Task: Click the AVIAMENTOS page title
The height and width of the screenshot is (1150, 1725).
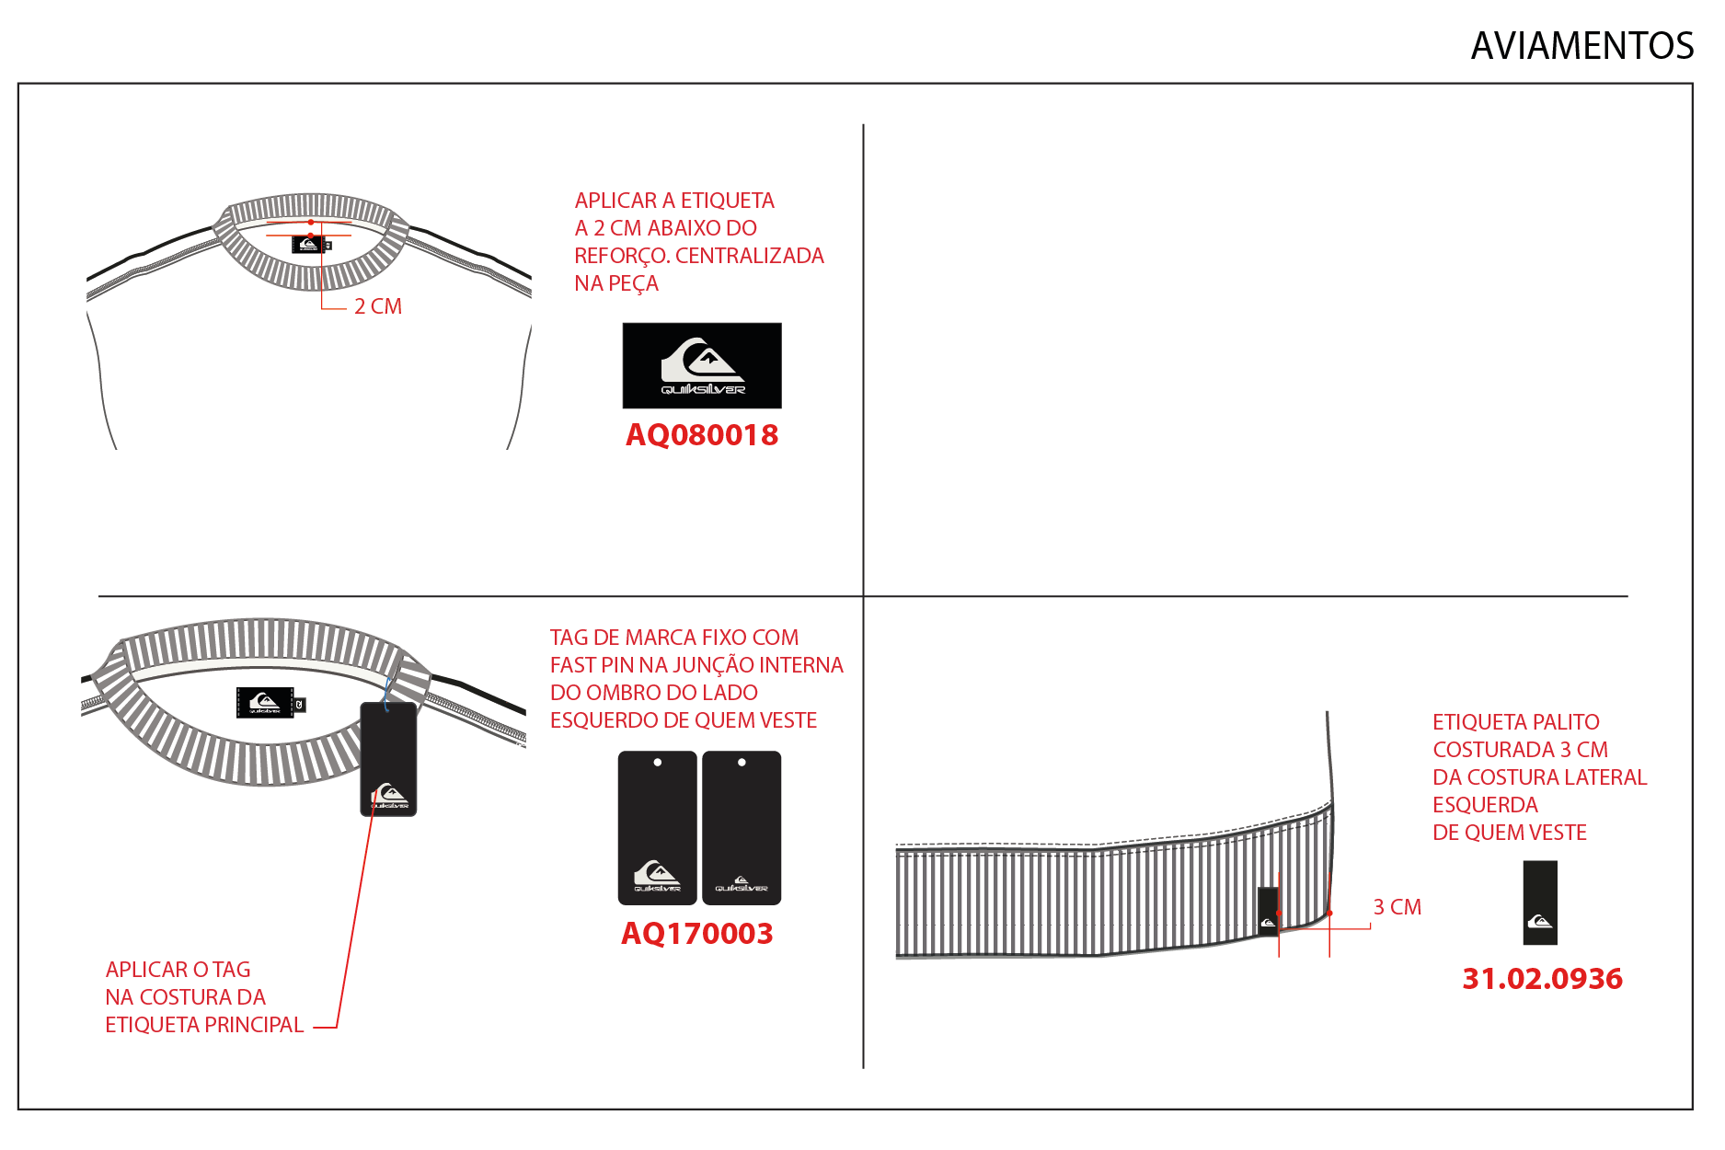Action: [x=1581, y=46]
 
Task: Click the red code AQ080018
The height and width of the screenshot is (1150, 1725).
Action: [x=702, y=434]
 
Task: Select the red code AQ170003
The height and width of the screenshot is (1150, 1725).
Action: [x=696, y=933]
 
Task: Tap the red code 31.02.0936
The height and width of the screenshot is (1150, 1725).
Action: [x=1542, y=978]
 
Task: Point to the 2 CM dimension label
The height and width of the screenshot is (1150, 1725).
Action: [x=378, y=306]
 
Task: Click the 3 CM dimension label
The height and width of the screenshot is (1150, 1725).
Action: [x=1397, y=907]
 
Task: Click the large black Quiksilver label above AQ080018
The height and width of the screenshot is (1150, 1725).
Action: [x=702, y=365]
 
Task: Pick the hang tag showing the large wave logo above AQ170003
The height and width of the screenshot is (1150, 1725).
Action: [x=657, y=828]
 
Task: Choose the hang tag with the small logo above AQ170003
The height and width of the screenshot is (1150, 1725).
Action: [x=742, y=828]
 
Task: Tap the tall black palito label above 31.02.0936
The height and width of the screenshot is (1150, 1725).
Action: [x=1540, y=903]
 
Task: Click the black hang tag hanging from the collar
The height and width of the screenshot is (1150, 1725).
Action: [x=388, y=759]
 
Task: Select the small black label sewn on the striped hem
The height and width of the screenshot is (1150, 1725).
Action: [x=1268, y=911]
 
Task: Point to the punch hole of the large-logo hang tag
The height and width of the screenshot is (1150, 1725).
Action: [x=657, y=763]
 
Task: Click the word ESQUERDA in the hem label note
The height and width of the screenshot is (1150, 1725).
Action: [x=1485, y=805]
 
